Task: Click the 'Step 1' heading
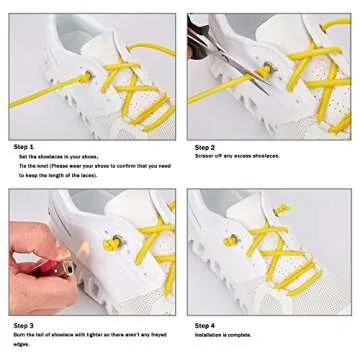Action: click(x=22, y=146)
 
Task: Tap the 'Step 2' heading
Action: click(x=206, y=146)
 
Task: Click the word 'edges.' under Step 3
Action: click(x=27, y=347)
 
